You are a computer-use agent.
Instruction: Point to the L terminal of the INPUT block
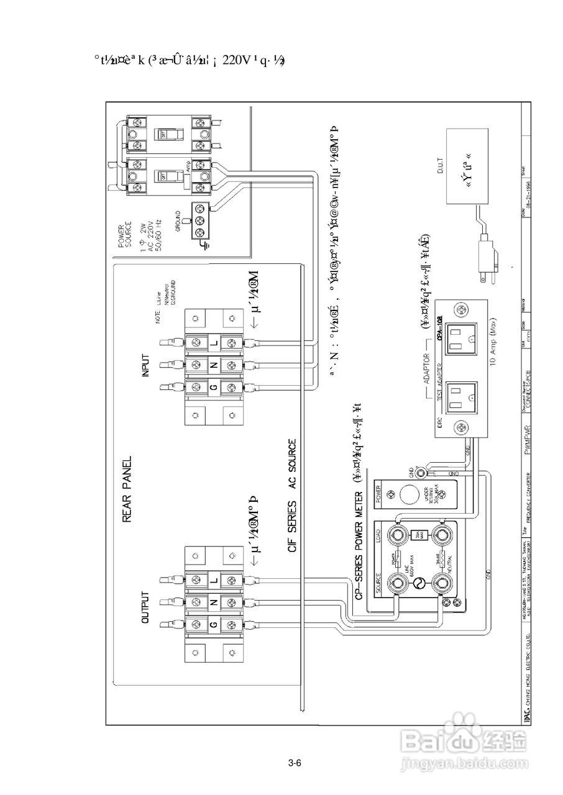tap(214, 342)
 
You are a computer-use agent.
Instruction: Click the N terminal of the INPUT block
tap(214, 365)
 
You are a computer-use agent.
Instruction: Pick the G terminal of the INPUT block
tap(214, 388)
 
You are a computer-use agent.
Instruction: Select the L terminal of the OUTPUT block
tap(214, 579)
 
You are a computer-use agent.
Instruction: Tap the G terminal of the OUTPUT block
tap(214, 625)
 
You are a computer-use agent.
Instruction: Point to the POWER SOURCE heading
tap(124, 235)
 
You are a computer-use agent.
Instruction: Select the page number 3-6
tap(295, 763)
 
